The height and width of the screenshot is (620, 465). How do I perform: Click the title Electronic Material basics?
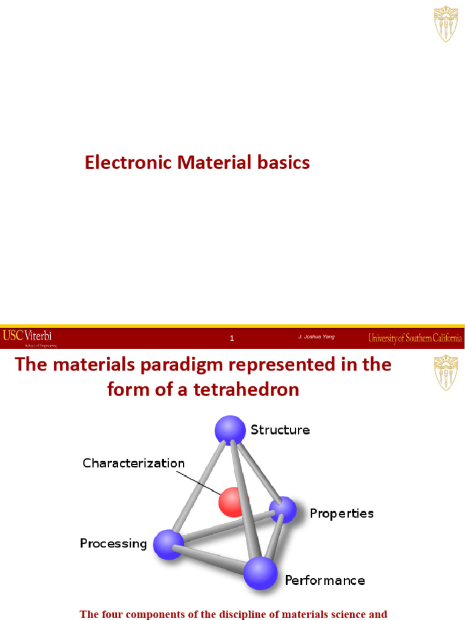coord(197,163)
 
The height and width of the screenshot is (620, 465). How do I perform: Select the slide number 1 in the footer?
coord(232,338)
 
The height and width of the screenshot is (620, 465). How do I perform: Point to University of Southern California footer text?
coord(415,338)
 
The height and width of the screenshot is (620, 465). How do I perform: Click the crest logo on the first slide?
coord(446,24)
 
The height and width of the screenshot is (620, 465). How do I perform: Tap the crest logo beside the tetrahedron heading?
coord(446,373)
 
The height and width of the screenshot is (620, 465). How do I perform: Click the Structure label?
coord(280,430)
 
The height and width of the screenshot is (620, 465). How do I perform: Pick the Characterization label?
coord(134,464)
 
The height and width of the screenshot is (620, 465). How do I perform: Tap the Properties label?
coord(341,513)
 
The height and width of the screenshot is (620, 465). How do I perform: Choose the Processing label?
coord(113,543)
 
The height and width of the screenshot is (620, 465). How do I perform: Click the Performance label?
coord(325,581)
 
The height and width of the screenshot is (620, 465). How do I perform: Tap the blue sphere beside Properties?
coord(283,510)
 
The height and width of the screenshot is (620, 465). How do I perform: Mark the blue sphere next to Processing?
coord(168,543)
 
